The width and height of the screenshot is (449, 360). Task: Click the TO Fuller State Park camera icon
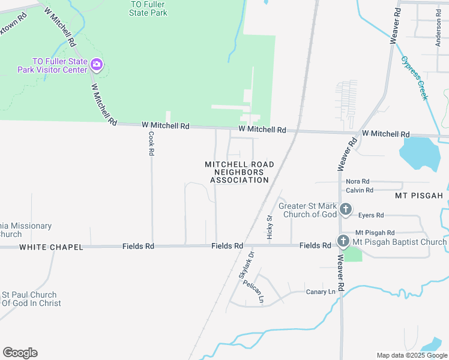tap(97, 64)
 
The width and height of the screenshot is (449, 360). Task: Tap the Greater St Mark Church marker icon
tap(346, 209)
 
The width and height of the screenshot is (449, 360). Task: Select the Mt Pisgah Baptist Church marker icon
tap(343, 241)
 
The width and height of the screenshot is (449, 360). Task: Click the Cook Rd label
tap(151, 144)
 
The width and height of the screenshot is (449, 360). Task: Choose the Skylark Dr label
tap(247, 263)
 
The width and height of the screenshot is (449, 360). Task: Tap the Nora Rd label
tap(357, 181)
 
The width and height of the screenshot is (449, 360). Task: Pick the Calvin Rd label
tap(360, 190)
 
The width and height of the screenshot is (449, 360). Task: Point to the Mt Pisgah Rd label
tap(375, 232)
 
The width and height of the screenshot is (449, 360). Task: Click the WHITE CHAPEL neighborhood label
tap(51, 247)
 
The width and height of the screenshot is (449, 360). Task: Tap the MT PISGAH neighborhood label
tap(418, 196)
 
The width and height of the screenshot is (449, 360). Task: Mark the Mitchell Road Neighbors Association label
tap(240, 172)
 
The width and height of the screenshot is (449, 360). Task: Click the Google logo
tap(20, 353)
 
